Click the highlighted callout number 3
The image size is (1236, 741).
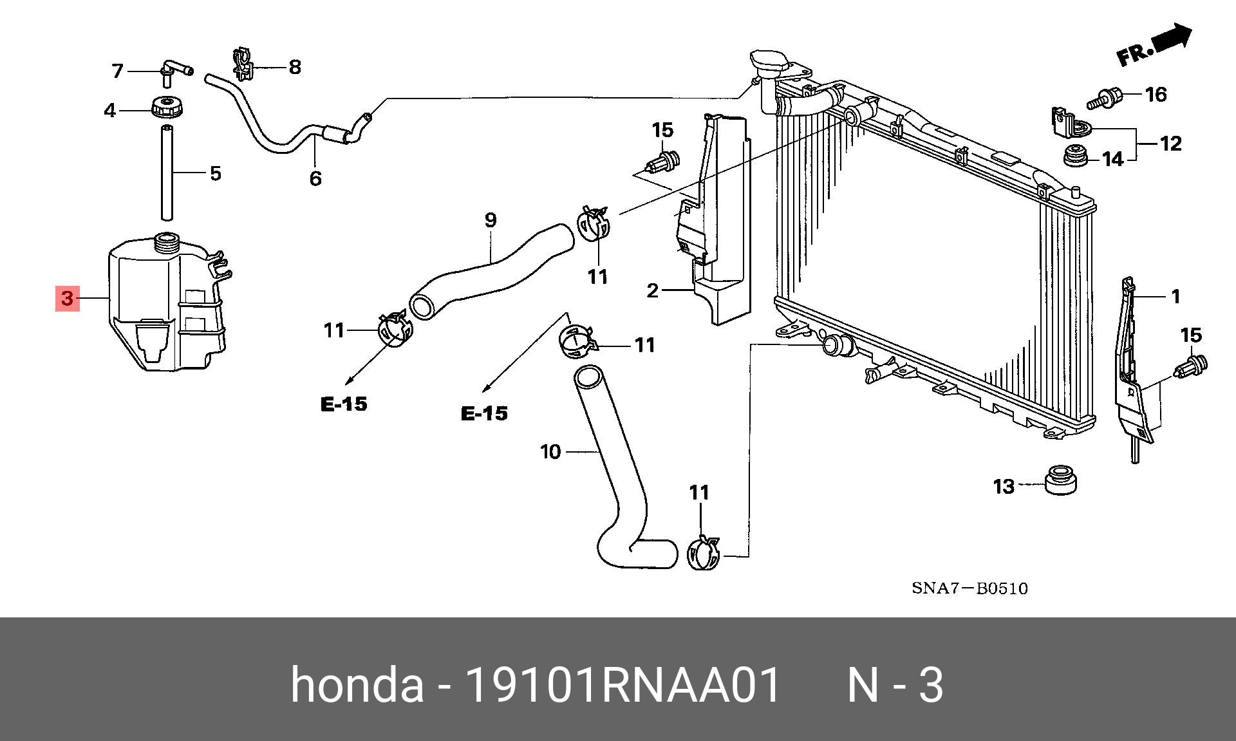pyautogui.click(x=68, y=298)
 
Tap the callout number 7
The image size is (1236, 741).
pyautogui.click(x=117, y=71)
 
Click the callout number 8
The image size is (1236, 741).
pyautogui.click(x=295, y=67)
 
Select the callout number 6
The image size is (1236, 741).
pyautogui.click(x=315, y=178)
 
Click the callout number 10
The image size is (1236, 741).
pyautogui.click(x=550, y=452)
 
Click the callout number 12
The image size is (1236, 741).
pyautogui.click(x=1171, y=143)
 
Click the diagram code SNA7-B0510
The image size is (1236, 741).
pyautogui.click(x=969, y=588)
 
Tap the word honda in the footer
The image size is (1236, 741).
pyautogui.click(x=357, y=685)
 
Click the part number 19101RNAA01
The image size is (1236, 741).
pyautogui.click(x=623, y=685)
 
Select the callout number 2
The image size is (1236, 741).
pyautogui.click(x=653, y=291)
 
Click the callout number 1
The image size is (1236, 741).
pyautogui.click(x=1175, y=297)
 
